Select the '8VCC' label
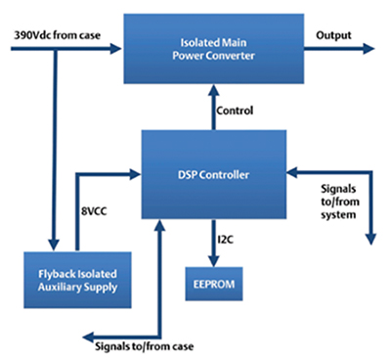click(96, 207)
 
